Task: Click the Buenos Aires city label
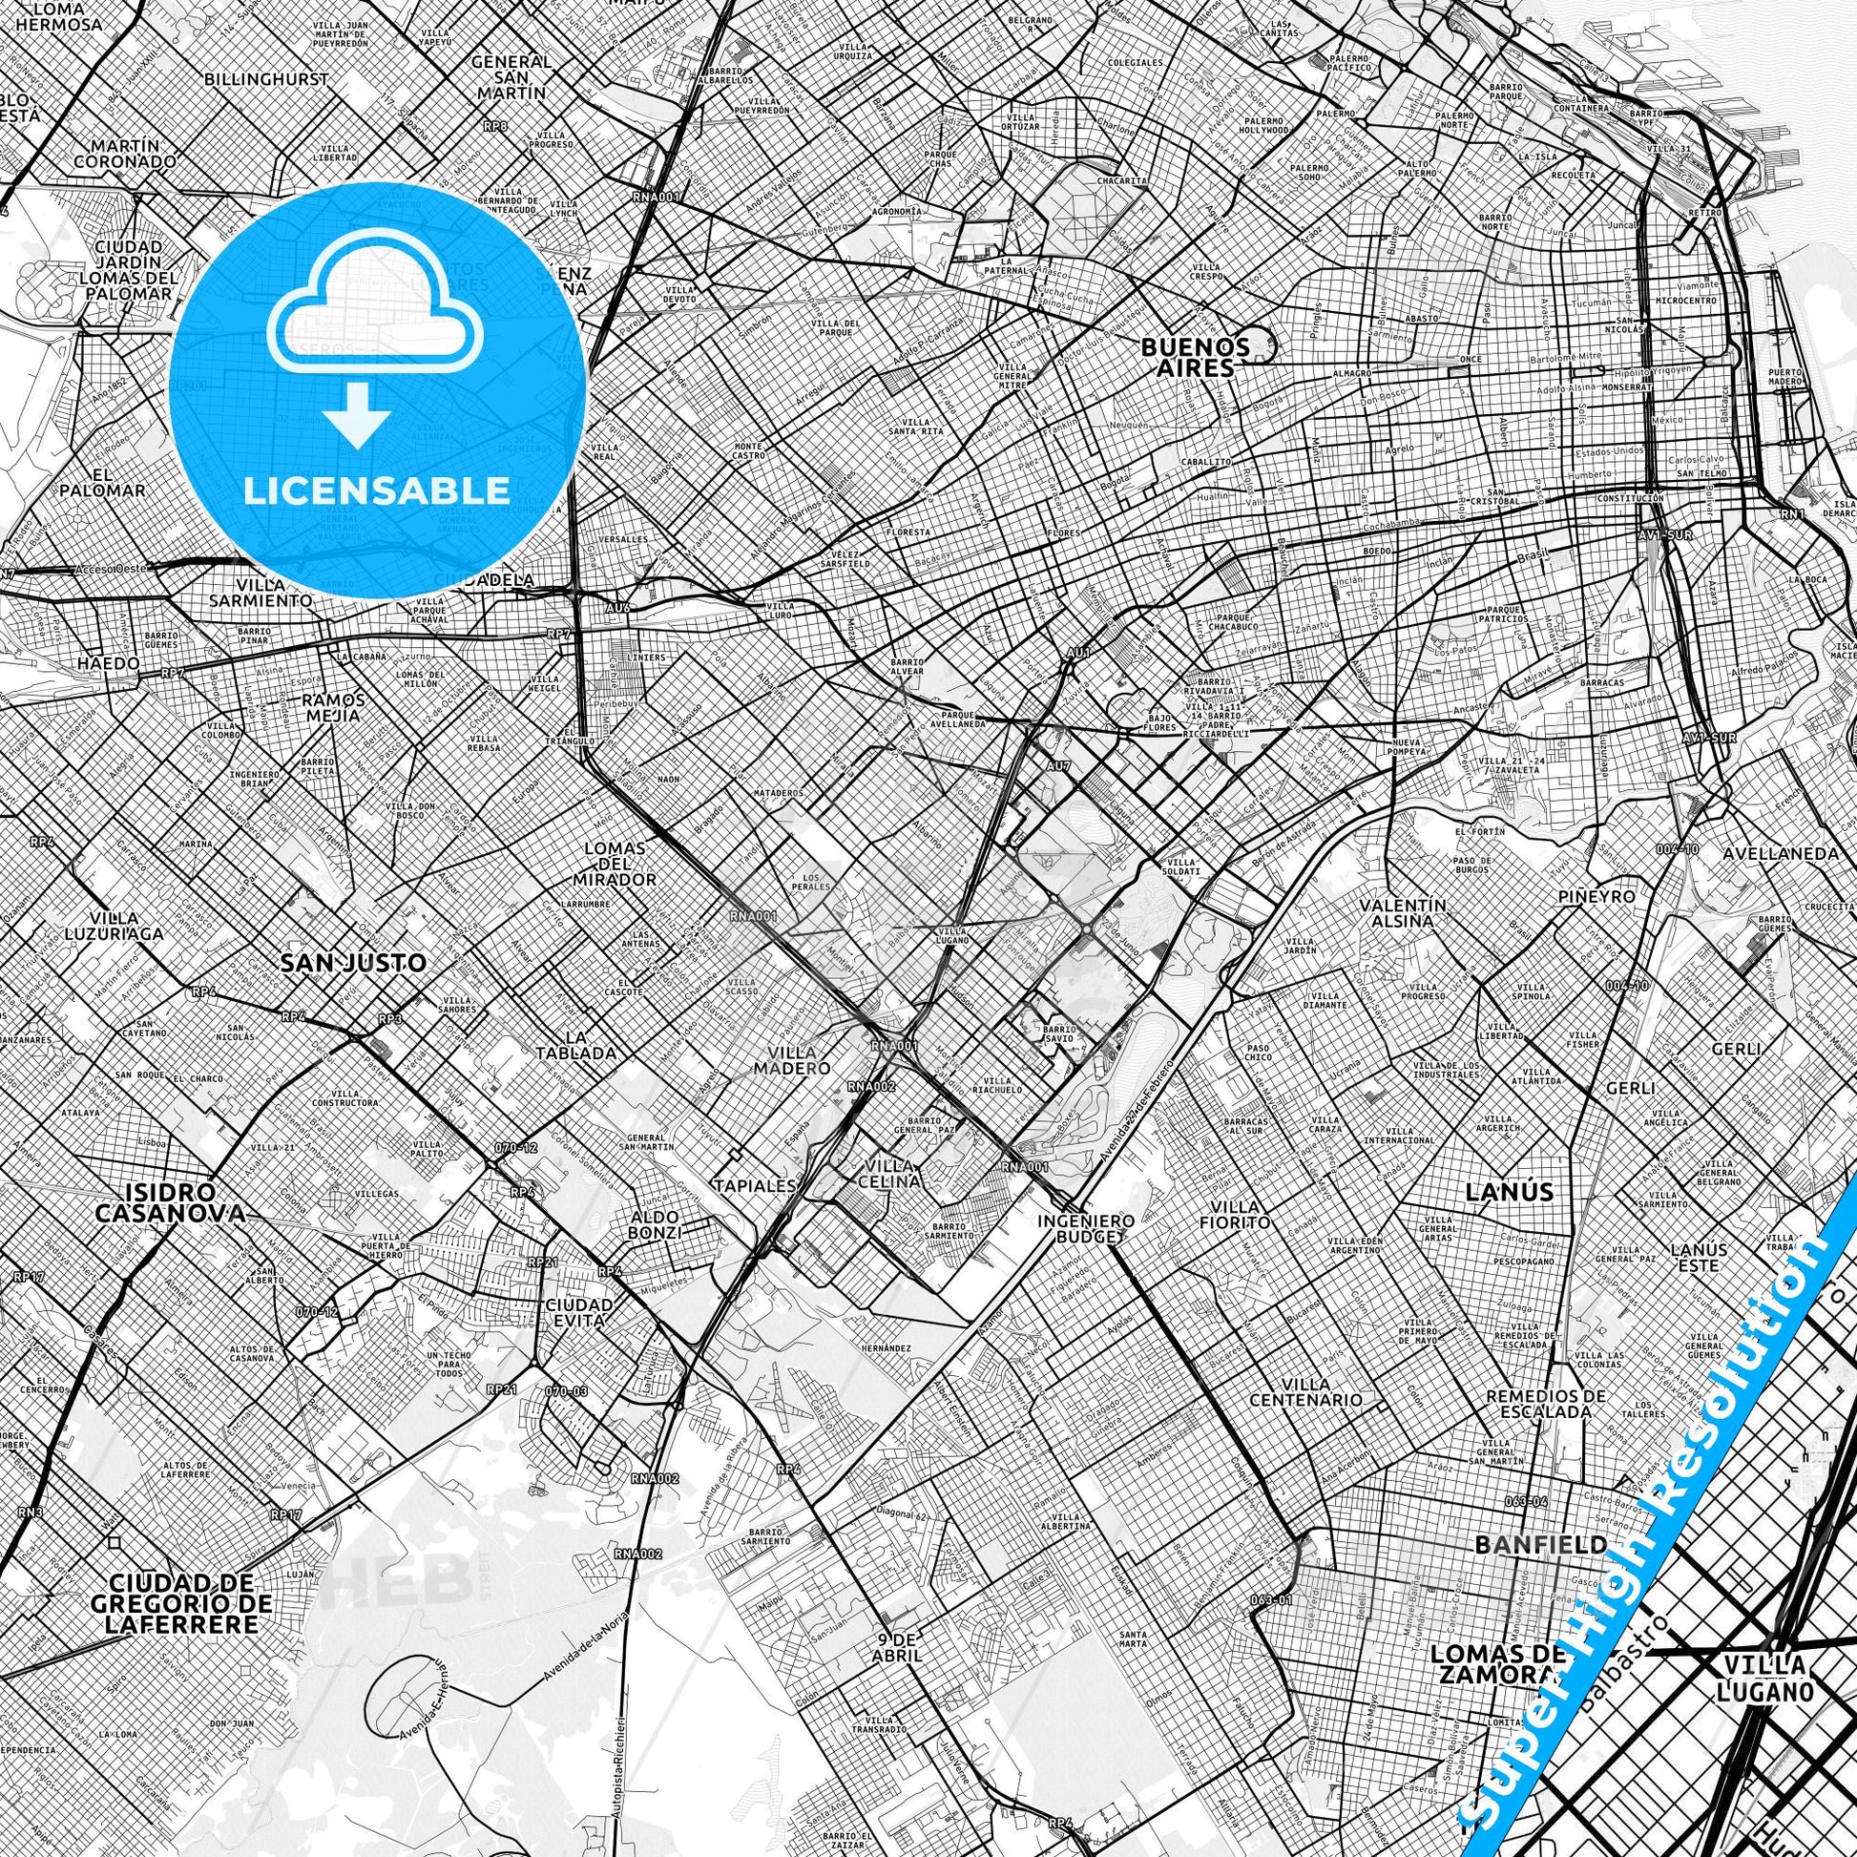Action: (1195, 356)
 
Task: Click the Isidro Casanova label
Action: (170, 1201)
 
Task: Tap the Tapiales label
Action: (755, 1185)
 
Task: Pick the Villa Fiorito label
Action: (1240, 1214)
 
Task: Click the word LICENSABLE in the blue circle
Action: (377, 490)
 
